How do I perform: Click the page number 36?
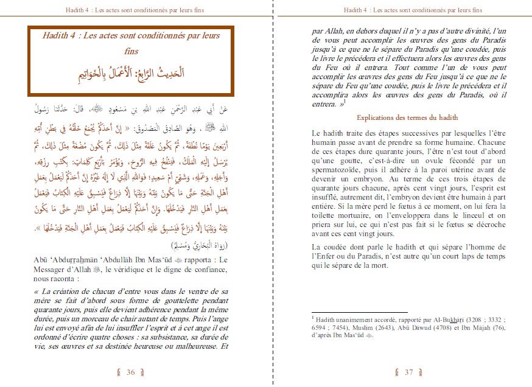click(x=130, y=373)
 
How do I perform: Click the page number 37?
click(x=408, y=373)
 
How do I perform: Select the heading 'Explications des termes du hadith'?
click(x=407, y=117)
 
